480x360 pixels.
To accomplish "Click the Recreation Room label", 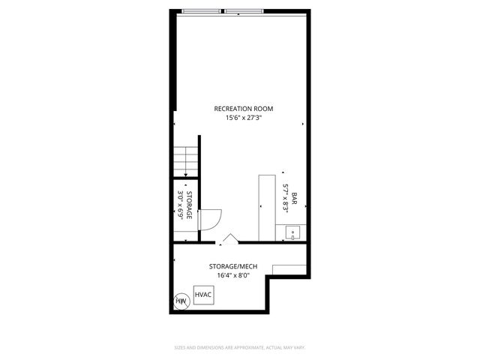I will tap(239, 109).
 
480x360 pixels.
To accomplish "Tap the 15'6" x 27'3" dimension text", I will tap(239, 117).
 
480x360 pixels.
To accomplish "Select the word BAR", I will tap(295, 200).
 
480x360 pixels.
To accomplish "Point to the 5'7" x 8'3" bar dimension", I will tap(286, 200).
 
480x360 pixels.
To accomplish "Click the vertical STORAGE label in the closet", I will tap(190, 205).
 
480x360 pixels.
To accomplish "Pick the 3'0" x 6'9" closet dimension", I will tap(181, 205).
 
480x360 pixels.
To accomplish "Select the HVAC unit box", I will tap(203, 294).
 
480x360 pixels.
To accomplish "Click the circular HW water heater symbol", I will tap(181, 301).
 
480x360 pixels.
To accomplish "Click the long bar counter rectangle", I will tap(267, 208).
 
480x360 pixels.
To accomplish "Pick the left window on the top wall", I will tap(202, 11).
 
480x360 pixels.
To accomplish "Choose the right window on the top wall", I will tap(244, 11).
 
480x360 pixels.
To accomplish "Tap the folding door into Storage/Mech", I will tap(229, 239).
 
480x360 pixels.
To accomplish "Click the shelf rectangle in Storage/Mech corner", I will tap(289, 268).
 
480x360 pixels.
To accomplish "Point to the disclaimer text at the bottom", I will tap(240, 347).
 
